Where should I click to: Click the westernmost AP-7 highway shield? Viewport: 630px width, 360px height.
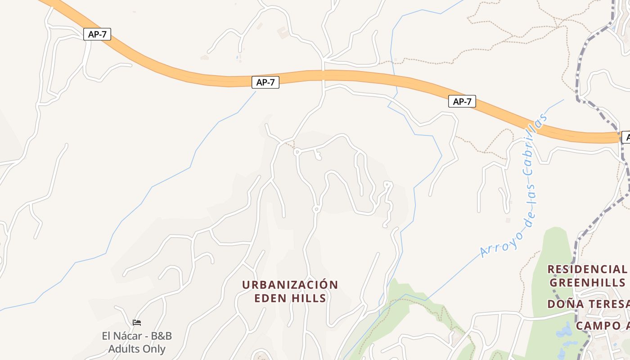click(97, 34)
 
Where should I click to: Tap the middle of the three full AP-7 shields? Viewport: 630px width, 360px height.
click(265, 82)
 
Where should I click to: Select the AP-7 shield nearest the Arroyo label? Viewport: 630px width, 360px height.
click(462, 102)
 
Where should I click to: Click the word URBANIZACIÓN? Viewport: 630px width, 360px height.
click(290, 285)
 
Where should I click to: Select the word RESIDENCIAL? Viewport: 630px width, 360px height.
click(586, 270)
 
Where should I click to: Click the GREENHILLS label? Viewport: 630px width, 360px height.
click(587, 283)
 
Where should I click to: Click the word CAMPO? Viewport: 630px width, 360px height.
click(596, 326)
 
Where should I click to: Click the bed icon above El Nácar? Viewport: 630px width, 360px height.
click(137, 323)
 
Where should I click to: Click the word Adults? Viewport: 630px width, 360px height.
click(122, 349)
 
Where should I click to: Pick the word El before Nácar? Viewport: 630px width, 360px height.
click(107, 336)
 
